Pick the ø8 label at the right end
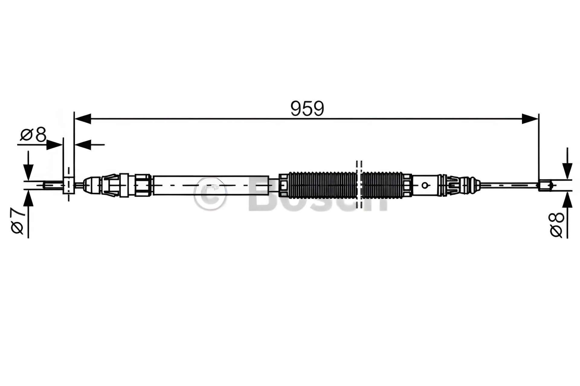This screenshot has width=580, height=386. tap(557, 225)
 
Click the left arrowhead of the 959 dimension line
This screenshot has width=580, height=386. tap(82, 119)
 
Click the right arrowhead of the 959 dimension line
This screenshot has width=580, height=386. tap(530, 119)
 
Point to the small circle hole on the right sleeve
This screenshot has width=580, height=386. tap(425, 185)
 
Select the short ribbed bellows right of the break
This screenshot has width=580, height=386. tap(382, 185)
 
